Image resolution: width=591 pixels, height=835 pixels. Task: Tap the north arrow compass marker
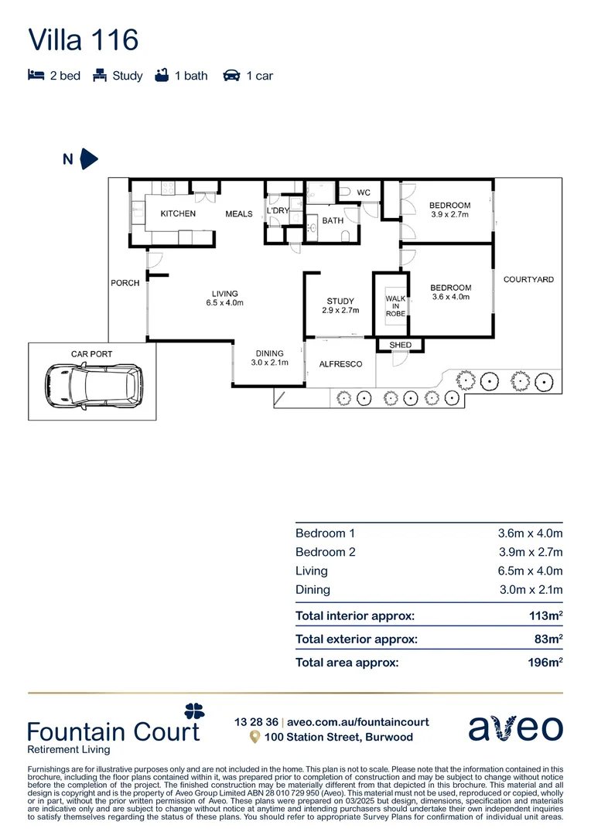(x=89, y=159)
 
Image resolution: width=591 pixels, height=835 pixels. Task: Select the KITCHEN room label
(x=178, y=213)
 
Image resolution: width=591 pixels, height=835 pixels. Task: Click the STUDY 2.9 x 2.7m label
(x=340, y=305)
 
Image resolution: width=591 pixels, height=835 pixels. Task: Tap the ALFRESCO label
(x=341, y=363)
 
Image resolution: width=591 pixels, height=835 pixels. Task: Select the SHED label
(x=401, y=345)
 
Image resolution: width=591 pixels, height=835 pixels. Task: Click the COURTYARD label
(x=528, y=279)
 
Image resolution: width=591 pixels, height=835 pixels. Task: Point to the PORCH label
(x=125, y=283)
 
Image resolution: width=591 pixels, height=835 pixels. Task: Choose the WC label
(x=364, y=193)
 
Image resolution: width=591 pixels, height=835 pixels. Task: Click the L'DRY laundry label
(x=277, y=210)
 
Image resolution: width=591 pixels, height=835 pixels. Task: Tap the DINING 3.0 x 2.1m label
(x=270, y=358)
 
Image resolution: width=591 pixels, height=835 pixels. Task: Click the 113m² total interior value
(x=545, y=616)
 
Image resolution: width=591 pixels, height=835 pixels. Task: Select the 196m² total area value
(x=545, y=663)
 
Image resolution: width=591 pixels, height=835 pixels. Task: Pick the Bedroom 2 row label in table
(x=325, y=552)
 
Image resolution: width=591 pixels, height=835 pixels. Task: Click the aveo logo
(x=516, y=728)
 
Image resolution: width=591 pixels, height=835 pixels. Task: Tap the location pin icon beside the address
(x=254, y=738)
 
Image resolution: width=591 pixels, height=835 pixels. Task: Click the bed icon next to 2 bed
(x=36, y=76)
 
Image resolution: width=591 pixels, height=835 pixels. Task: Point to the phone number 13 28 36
(x=255, y=722)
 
